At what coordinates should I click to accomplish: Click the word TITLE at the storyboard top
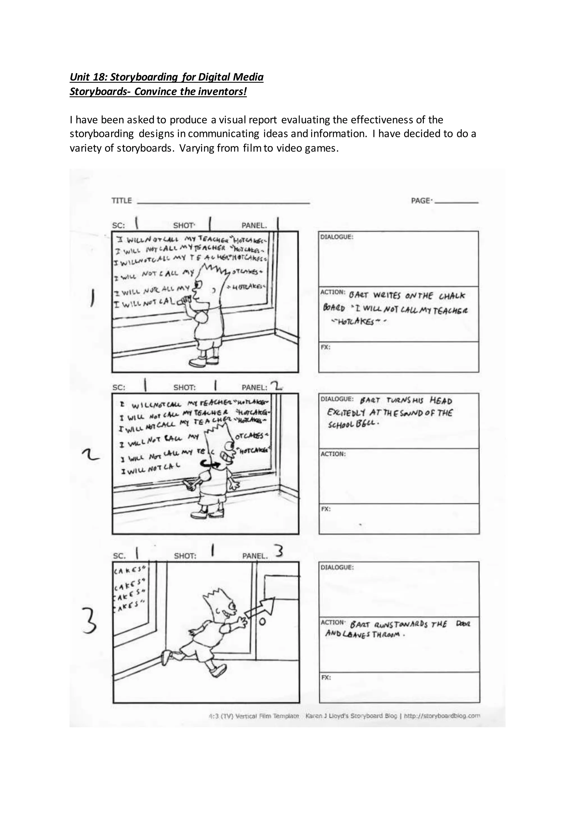point(121,201)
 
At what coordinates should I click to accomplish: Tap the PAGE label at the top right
point(421,201)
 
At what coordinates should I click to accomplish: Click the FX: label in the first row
point(325,347)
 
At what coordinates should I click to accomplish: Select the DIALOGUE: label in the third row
point(337,568)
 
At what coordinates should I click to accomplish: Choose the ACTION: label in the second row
point(333,454)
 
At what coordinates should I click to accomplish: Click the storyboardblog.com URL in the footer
point(442,716)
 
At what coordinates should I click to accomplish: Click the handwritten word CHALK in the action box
point(451,296)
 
